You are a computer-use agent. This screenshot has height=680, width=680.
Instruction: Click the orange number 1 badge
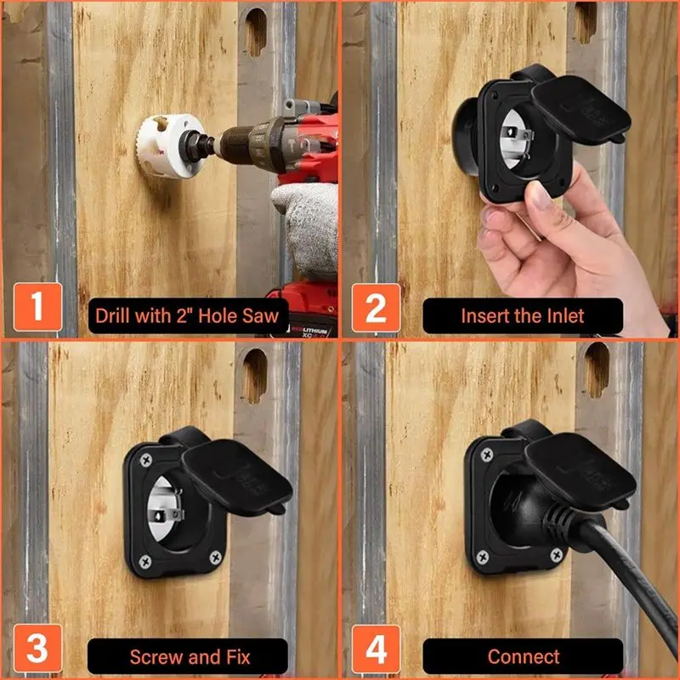pos(37,307)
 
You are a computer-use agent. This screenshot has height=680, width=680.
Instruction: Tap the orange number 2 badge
pos(376,308)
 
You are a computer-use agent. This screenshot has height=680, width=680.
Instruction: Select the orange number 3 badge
pos(37,648)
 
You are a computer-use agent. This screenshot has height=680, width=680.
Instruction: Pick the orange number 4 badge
pos(376,649)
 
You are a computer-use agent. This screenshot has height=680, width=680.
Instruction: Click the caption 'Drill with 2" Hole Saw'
pos(187,315)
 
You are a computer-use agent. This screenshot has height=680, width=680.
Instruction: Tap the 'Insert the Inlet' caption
pos(523,315)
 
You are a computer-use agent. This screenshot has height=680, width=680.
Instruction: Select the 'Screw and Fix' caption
pos(190,656)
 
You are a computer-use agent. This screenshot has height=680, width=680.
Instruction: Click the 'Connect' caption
pos(523,656)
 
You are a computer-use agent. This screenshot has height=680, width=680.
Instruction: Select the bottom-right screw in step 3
pos(216,558)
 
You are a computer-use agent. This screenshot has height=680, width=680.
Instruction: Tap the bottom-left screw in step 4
pos(482,557)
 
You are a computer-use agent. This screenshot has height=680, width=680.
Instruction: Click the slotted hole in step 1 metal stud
pos(256,31)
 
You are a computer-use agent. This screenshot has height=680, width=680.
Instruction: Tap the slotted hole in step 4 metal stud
pos(596,370)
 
